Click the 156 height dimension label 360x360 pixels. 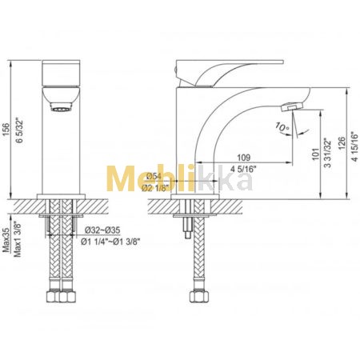(x=6, y=130)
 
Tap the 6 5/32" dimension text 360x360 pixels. (x=19, y=130)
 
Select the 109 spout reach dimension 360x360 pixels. (x=244, y=158)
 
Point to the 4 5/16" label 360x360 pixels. (x=243, y=169)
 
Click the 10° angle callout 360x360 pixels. (x=282, y=127)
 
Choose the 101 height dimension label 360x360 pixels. (x=315, y=154)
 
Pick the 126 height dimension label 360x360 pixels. (x=342, y=143)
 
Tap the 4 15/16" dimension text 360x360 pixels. (x=354, y=146)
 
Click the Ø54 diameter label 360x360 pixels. (x=152, y=176)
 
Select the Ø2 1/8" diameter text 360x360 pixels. (x=155, y=188)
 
